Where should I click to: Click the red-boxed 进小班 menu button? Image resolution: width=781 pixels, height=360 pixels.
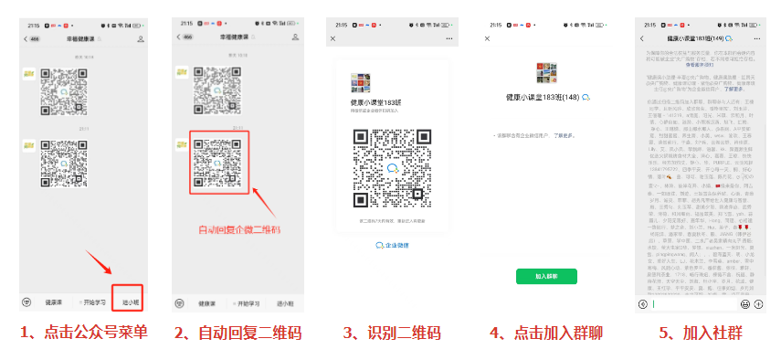pos(131,302)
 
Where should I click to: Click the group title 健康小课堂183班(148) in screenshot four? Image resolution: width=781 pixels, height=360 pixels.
pos(542,97)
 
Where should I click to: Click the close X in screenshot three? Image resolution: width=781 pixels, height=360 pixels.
pos(332,39)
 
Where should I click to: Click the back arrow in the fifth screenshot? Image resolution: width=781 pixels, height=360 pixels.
pos(642,39)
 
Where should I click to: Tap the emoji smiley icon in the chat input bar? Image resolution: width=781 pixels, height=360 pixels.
pos(745,303)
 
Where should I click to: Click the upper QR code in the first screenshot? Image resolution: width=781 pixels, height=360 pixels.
pos(63,93)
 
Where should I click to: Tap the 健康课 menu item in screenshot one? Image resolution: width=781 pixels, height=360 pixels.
pos(53,302)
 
